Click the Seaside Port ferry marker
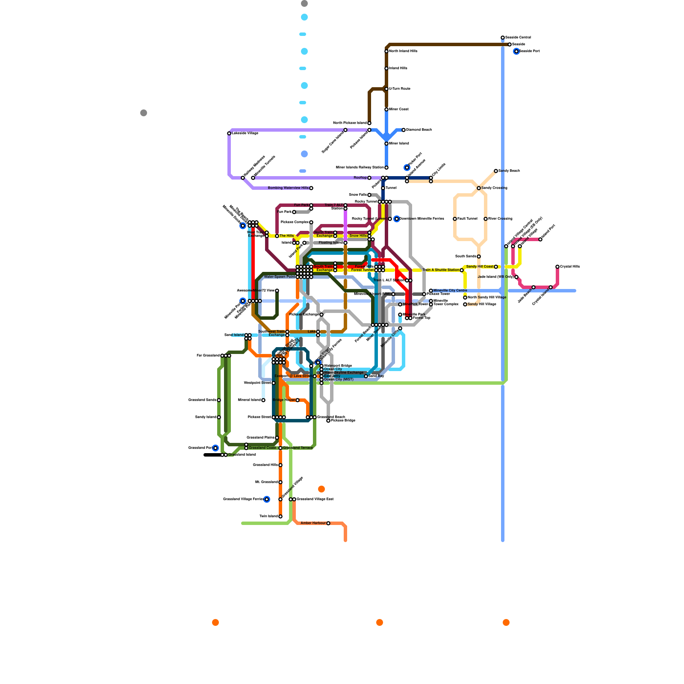click(x=516, y=51)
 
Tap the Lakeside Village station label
click(x=245, y=133)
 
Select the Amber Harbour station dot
click(x=328, y=523)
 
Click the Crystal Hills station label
click(x=570, y=267)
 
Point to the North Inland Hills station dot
click(x=386, y=51)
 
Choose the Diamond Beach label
click(x=419, y=130)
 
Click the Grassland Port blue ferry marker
click(x=215, y=448)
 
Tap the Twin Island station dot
click(x=280, y=516)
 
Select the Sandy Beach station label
click(x=509, y=171)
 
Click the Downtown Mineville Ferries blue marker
click(x=397, y=219)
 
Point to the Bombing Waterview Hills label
click(x=288, y=188)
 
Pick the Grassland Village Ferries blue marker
click(x=267, y=499)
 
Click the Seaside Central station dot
click(x=503, y=38)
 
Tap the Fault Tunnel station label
click(x=467, y=219)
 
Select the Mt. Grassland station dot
click(x=280, y=482)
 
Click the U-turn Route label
click(x=400, y=89)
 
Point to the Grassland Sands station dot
click(x=219, y=400)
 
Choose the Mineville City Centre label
click(x=450, y=291)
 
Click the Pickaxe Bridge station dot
click(x=328, y=421)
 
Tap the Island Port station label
click(x=548, y=232)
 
